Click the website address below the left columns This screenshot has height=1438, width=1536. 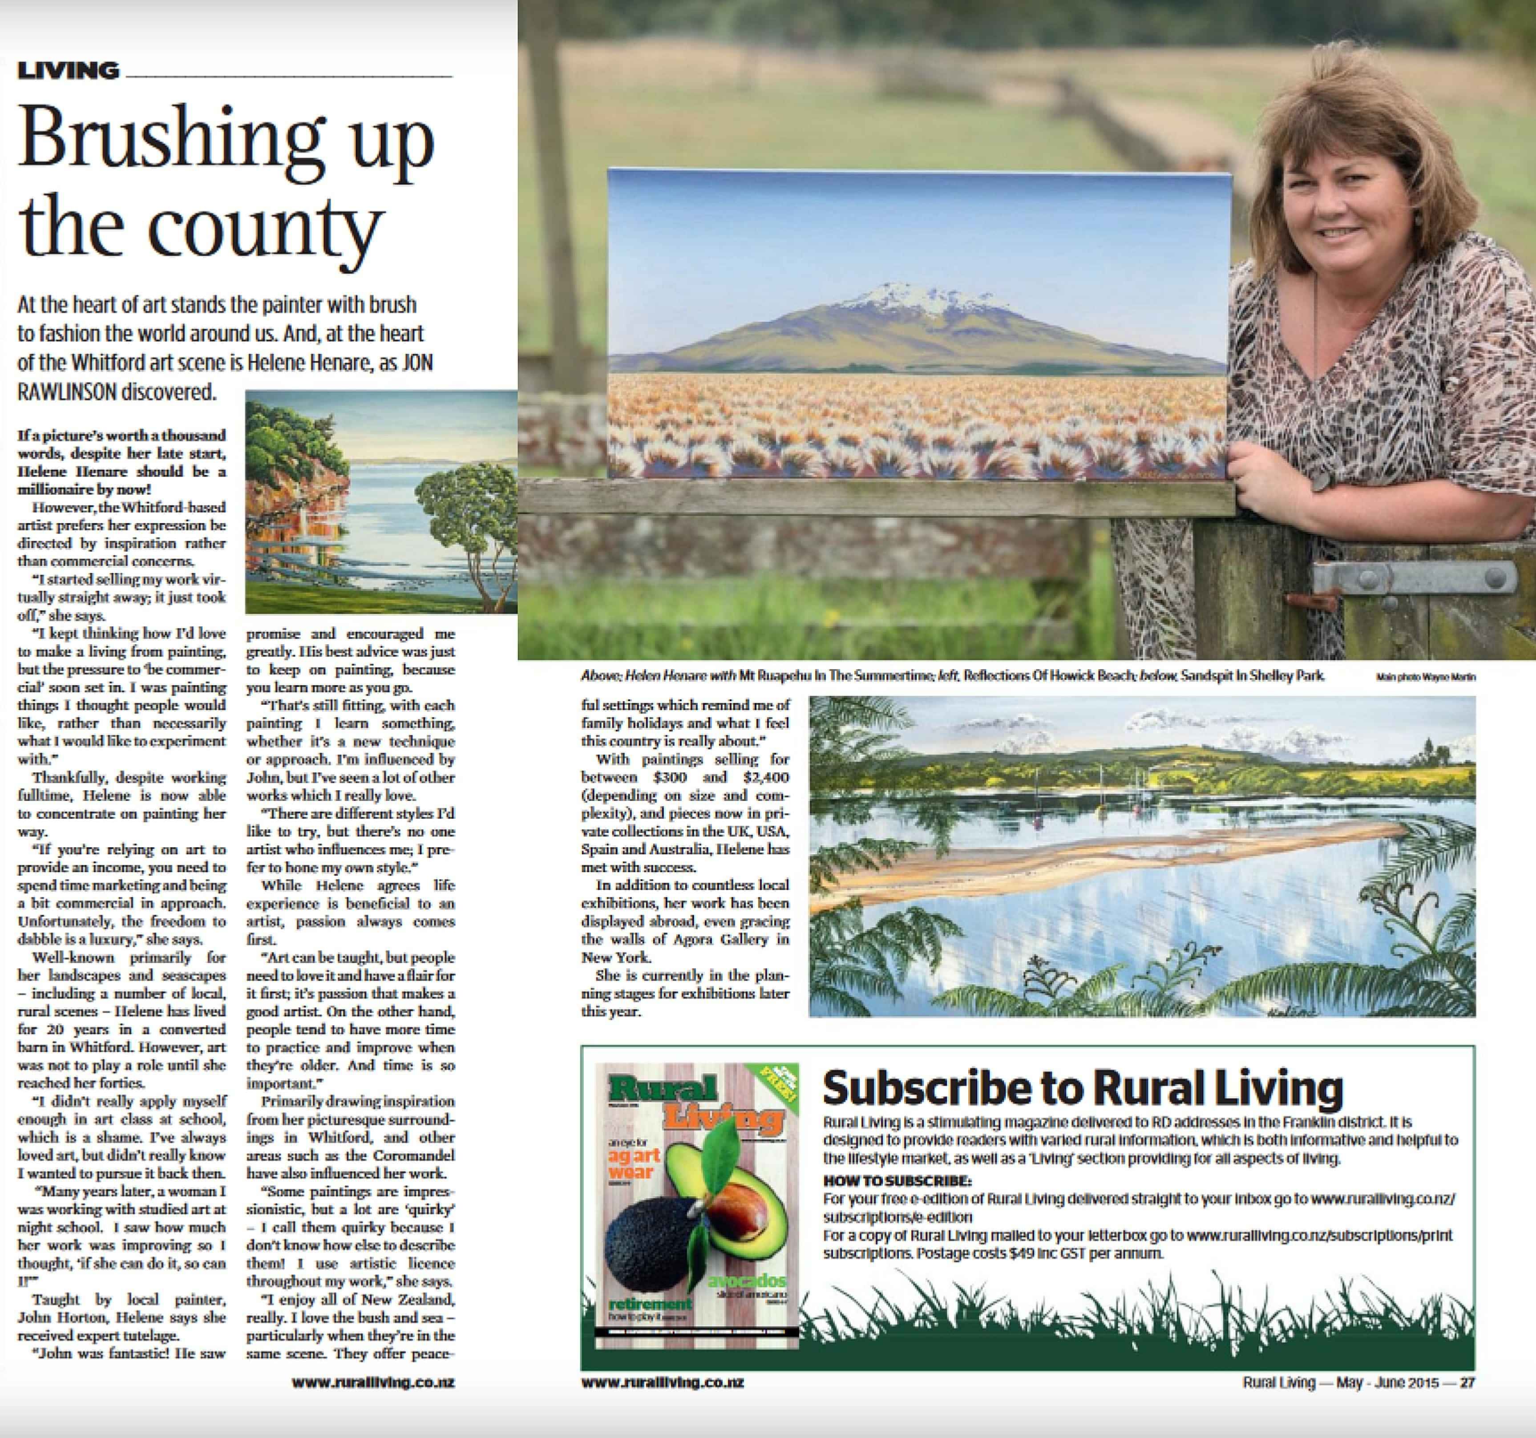[x=373, y=1382]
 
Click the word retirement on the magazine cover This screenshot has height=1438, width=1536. [x=649, y=1303]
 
